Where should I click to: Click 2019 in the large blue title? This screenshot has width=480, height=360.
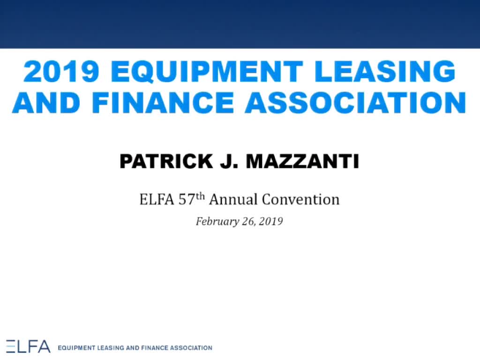(x=61, y=71)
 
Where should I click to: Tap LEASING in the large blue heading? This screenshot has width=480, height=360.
(x=385, y=71)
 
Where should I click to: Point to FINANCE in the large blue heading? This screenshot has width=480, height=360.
(x=163, y=103)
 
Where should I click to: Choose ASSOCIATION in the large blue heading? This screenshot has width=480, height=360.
(x=355, y=103)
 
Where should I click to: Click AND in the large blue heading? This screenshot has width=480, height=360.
(x=46, y=103)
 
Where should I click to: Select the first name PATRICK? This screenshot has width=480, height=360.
(x=166, y=161)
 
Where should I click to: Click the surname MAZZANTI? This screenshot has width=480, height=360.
(x=302, y=161)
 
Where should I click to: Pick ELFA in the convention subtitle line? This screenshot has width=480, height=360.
(x=157, y=200)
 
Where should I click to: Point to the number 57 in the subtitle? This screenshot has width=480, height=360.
(x=187, y=200)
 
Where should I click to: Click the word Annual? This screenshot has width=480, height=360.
(x=233, y=200)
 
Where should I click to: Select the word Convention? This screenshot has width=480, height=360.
(x=300, y=200)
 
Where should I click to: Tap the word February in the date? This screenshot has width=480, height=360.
(x=217, y=221)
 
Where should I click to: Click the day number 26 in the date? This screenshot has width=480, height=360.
(x=248, y=221)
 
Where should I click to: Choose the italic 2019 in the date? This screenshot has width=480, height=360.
(x=270, y=221)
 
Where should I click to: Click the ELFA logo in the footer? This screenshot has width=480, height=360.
(x=28, y=346)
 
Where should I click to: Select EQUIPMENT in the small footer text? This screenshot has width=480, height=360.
(x=76, y=348)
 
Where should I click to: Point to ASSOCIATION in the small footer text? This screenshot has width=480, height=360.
(x=191, y=348)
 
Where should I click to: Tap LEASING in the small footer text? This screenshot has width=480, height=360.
(x=111, y=348)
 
